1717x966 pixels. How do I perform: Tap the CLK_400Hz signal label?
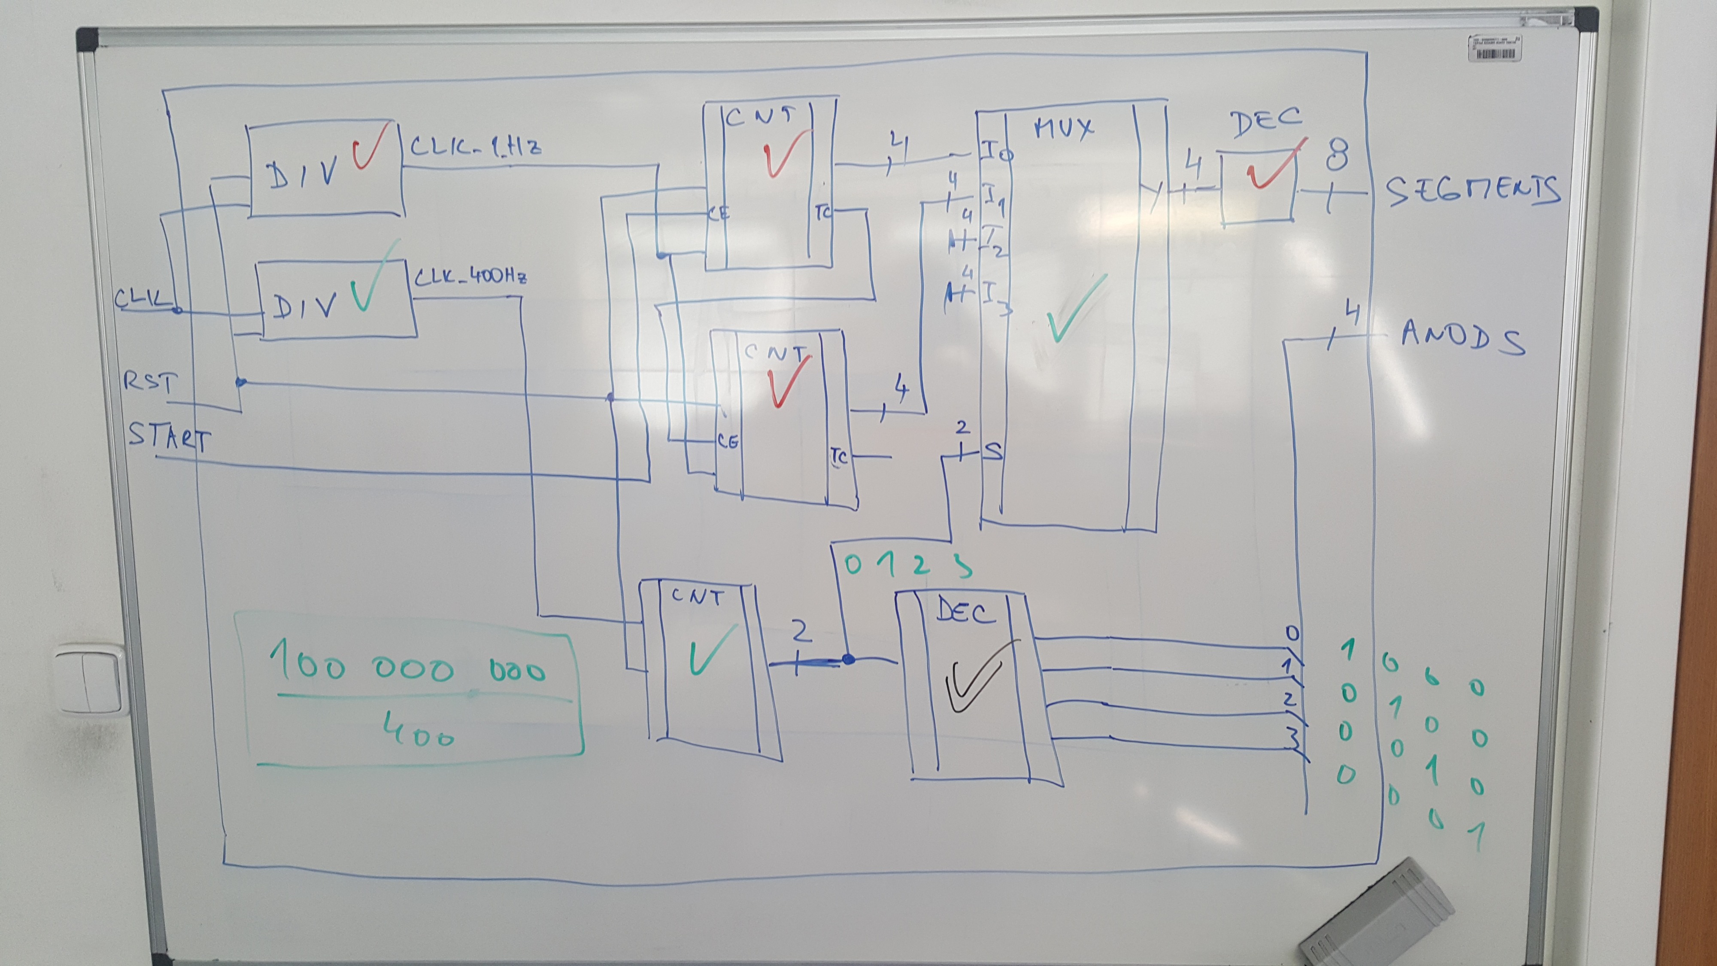click(470, 276)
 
